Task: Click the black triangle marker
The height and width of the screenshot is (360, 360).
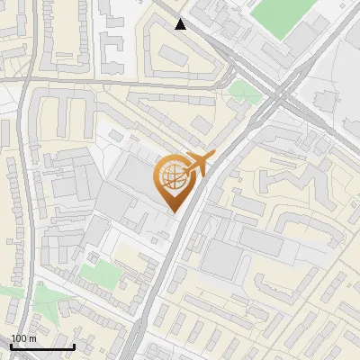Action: [181, 24]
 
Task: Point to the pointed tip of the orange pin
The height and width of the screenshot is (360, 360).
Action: [173, 211]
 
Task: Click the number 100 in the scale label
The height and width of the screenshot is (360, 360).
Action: [19, 338]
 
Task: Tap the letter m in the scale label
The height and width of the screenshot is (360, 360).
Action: [32, 338]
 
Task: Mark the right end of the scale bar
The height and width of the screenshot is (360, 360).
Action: [74, 346]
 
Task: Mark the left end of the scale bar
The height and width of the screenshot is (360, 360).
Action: [11, 346]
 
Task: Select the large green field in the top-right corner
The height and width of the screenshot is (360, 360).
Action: [282, 16]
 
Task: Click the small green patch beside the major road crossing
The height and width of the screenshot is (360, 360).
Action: [242, 90]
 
